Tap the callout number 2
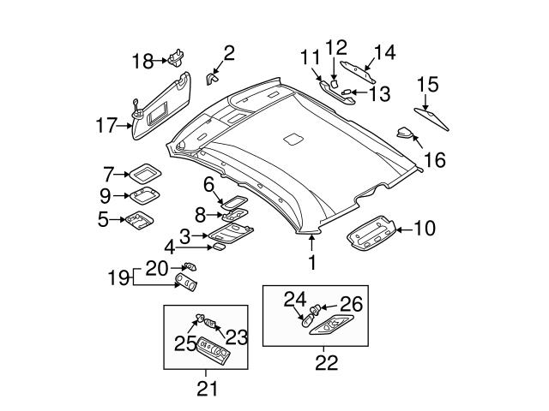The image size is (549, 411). click(x=229, y=55)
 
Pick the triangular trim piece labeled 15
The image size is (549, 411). click(x=432, y=115)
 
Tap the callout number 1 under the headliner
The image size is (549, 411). click(x=312, y=263)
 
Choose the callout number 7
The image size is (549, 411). click(x=108, y=173)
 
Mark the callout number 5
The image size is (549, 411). click(x=103, y=220)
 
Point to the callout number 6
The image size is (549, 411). click(x=208, y=184)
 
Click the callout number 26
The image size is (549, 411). click(x=352, y=303)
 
